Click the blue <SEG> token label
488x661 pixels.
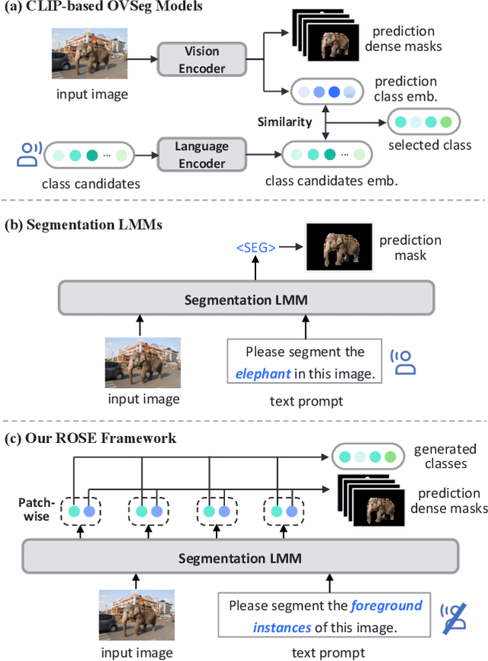click(255, 248)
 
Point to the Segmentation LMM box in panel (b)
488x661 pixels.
click(246, 300)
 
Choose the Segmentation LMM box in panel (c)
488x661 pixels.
click(240, 558)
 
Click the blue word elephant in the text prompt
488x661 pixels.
click(263, 374)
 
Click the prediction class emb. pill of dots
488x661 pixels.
click(326, 91)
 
